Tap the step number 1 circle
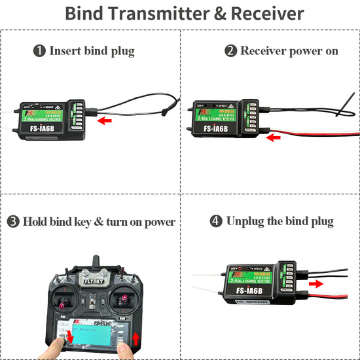coord(40,50)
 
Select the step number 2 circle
coord(230,50)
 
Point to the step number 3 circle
coord(13,221)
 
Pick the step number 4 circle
coord(217,221)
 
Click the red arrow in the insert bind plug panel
coord(104,120)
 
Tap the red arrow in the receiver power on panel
coord(274,137)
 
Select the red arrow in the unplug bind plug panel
coord(315,284)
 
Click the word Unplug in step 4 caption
coord(247,221)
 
